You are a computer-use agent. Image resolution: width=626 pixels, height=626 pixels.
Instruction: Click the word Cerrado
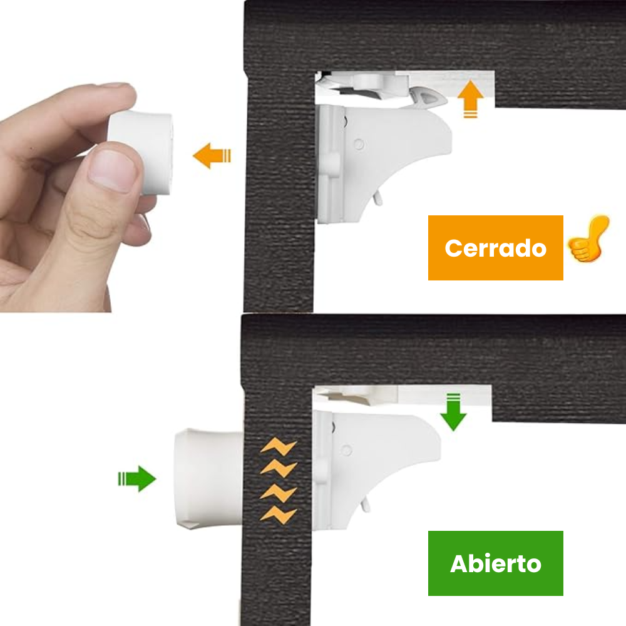click(x=495, y=249)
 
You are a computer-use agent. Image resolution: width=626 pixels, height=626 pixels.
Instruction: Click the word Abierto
click(x=495, y=564)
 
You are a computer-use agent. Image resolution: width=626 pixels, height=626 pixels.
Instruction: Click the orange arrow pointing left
click(x=212, y=155)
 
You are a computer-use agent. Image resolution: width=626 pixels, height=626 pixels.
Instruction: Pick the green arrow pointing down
click(x=453, y=412)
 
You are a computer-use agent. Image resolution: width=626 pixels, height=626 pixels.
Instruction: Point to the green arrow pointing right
click(x=138, y=480)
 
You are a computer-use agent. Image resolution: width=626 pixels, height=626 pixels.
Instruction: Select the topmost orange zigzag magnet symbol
click(x=278, y=447)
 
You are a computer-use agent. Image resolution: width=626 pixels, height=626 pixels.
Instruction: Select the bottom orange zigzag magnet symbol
click(x=278, y=515)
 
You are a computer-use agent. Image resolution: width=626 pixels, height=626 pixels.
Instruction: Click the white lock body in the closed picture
click(x=388, y=150)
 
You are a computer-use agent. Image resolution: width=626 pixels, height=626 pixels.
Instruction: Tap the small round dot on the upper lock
click(x=358, y=145)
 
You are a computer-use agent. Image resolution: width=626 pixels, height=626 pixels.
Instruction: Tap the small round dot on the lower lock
click(x=347, y=449)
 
